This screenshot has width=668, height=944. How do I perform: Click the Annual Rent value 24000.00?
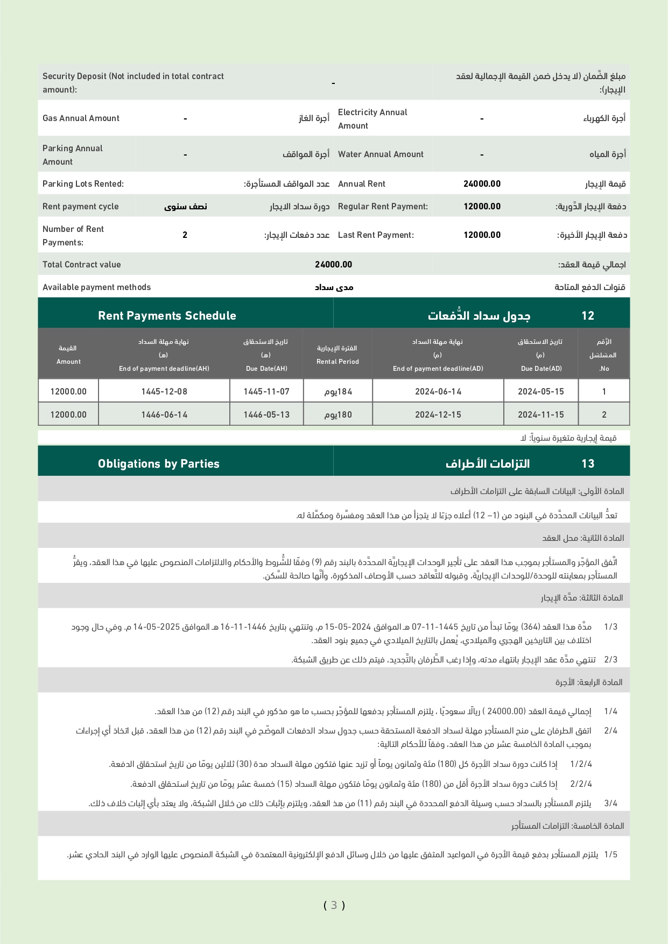(x=482, y=184)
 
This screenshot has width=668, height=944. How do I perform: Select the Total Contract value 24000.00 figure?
(x=333, y=265)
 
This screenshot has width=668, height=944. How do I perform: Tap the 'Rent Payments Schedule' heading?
(x=167, y=316)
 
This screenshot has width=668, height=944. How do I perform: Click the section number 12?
(x=588, y=316)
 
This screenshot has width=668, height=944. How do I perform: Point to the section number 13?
(x=588, y=464)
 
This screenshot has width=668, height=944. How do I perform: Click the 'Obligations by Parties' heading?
(x=159, y=464)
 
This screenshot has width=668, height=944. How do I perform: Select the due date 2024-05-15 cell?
(x=541, y=392)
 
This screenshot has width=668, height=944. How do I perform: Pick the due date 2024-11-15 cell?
(x=541, y=415)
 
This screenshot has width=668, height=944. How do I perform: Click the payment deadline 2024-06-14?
(x=438, y=392)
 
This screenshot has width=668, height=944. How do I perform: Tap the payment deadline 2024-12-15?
(x=438, y=415)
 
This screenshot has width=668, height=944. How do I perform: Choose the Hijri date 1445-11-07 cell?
(x=266, y=392)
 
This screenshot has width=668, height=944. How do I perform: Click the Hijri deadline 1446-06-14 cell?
(x=164, y=415)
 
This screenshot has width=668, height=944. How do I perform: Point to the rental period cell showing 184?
(x=338, y=392)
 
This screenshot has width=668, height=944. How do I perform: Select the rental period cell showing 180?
(x=338, y=415)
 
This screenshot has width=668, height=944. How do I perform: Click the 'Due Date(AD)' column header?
(x=541, y=369)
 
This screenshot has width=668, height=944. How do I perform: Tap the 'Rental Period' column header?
(x=337, y=362)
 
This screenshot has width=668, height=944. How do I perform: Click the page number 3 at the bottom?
(x=334, y=905)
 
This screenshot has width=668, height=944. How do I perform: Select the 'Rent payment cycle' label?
(x=81, y=207)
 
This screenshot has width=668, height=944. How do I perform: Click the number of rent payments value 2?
(x=185, y=235)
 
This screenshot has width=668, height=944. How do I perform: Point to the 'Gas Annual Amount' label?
(x=81, y=118)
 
